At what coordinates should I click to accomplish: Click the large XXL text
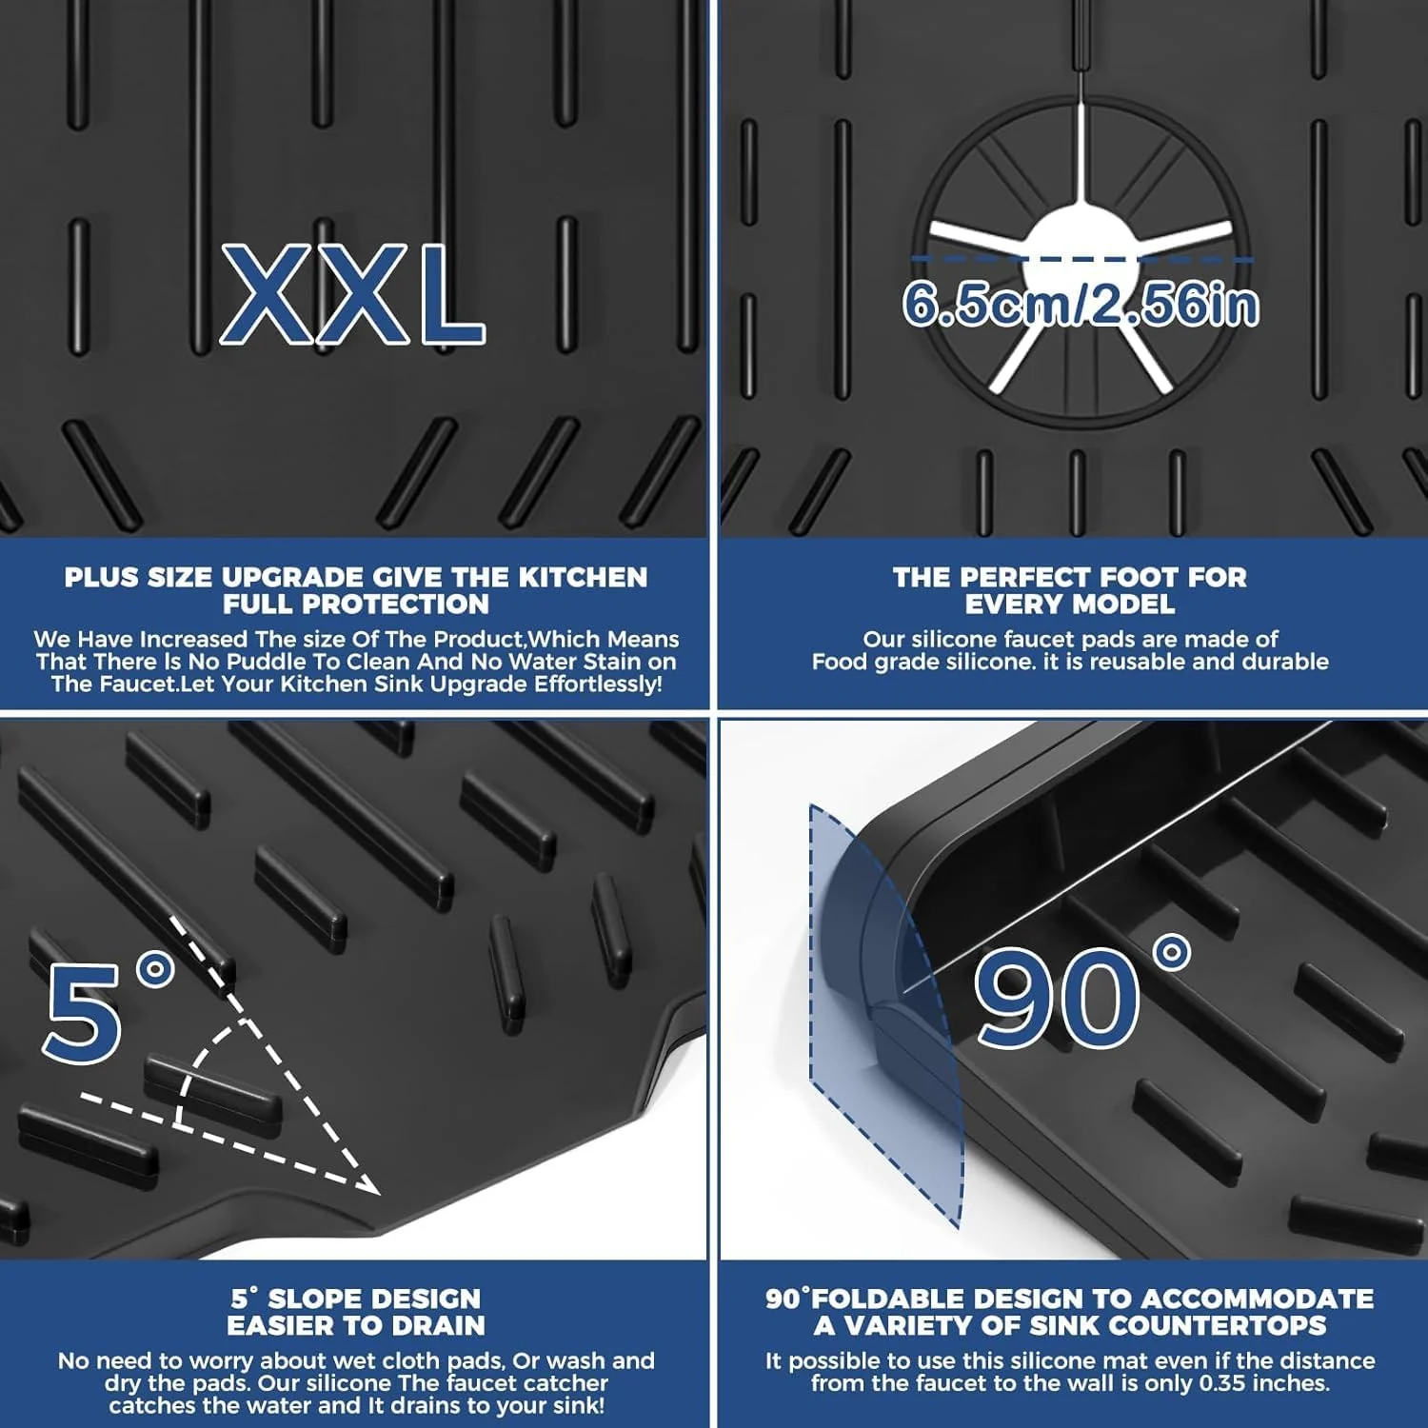click(x=353, y=294)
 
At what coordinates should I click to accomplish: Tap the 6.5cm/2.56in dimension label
click(x=1081, y=305)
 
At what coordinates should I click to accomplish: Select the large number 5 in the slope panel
click(x=84, y=1012)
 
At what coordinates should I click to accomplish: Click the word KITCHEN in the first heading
click(x=583, y=577)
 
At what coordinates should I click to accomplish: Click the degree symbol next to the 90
click(x=1171, y=953)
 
